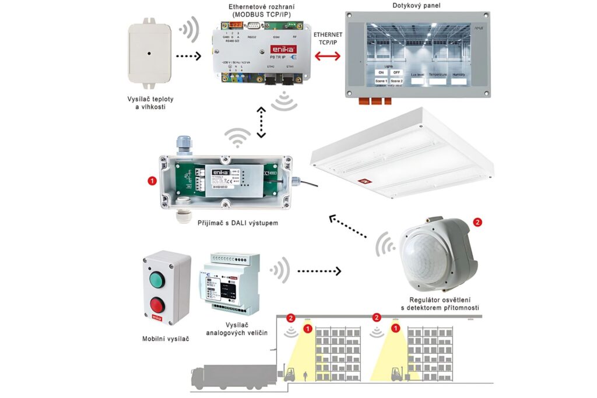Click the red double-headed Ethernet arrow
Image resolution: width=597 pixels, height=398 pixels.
328,56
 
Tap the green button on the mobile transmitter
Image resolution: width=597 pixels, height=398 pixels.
157,280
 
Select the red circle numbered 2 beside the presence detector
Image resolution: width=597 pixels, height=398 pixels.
478,222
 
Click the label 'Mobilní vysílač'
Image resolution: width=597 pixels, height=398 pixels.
166,339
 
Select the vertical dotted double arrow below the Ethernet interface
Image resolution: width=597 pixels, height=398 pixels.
261,122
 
